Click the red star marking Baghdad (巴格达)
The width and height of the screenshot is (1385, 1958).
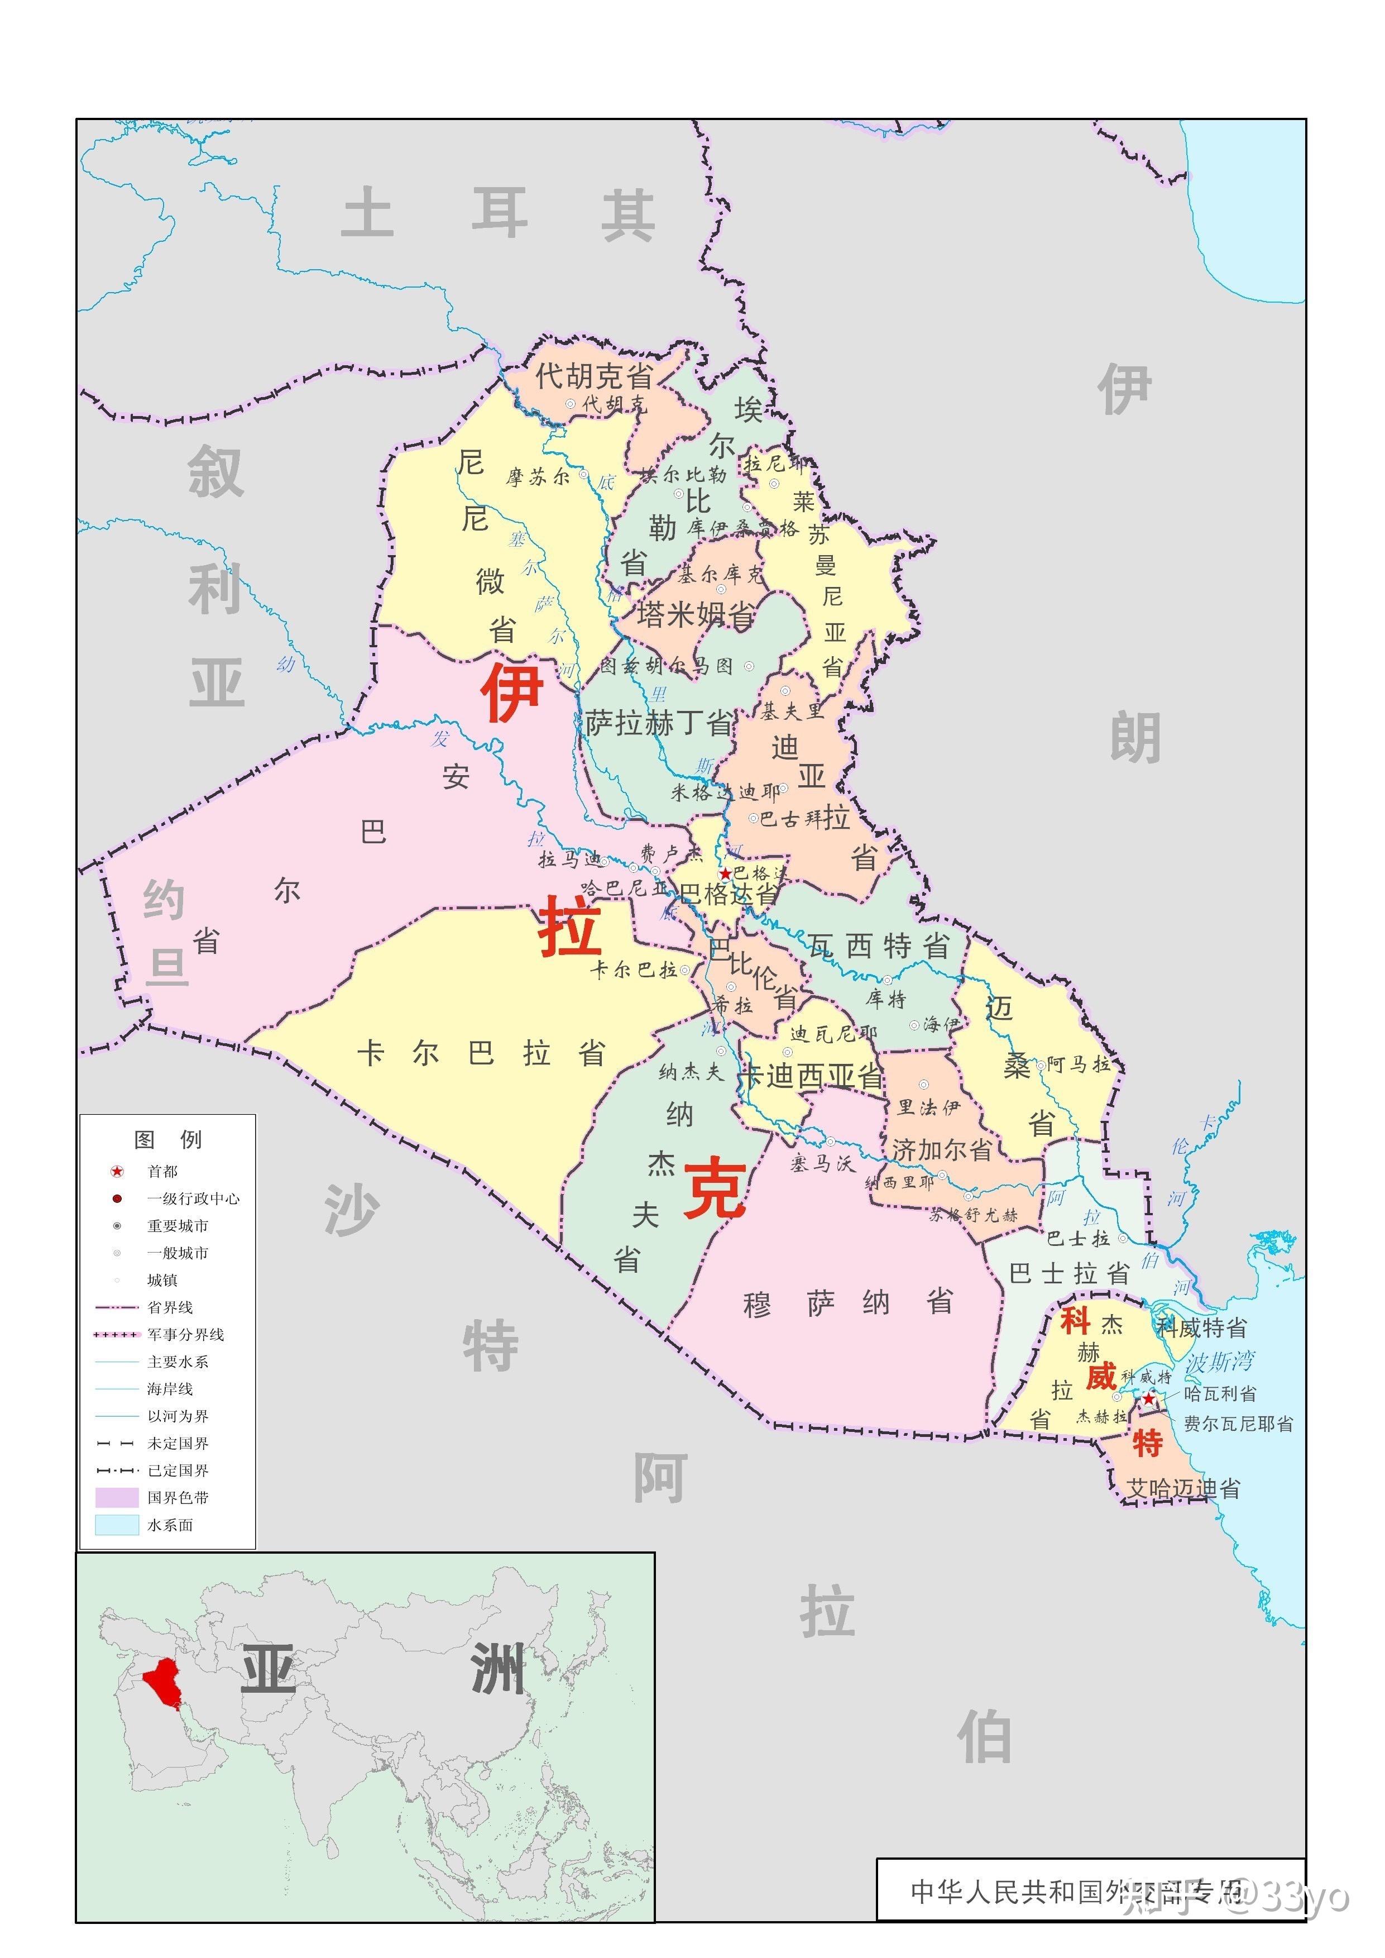(x=725, y=873)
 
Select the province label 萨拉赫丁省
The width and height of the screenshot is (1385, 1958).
(x=658, y=723)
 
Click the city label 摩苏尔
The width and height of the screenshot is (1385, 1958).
(x=537, y=477)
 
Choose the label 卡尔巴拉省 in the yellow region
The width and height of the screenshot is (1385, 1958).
(x=481, y=1054)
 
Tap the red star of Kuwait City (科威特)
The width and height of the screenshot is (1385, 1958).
(x=1149, y=1399)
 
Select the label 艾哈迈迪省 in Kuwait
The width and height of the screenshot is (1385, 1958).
(x=1183, y=1489)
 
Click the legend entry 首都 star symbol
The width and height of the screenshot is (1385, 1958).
(x=117, y=1171)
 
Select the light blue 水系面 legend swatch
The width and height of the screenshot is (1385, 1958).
(x=117, y=1525)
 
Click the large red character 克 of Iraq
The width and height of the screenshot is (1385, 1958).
(x=715, y=1188)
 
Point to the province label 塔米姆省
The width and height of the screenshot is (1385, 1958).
(x=695, y=614)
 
